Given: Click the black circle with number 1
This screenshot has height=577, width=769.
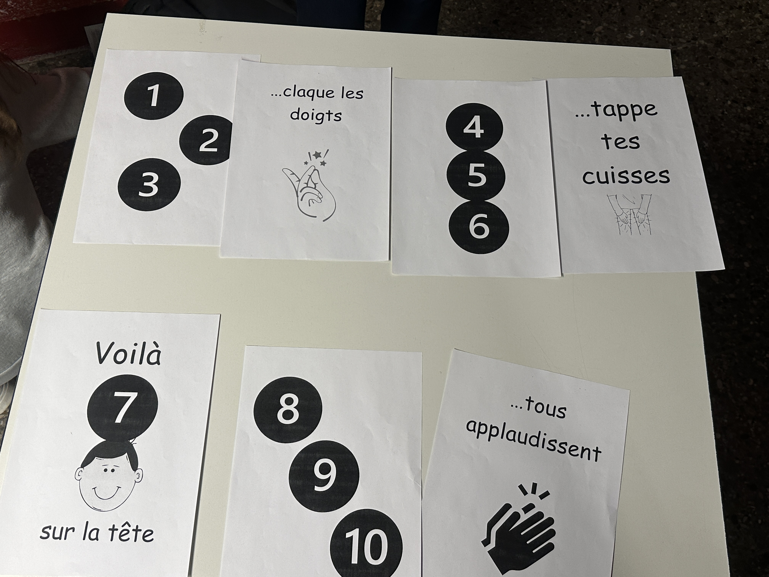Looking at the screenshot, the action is (x=154, y=96).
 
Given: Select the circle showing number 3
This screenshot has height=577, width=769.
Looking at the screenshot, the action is (x=149, y=184).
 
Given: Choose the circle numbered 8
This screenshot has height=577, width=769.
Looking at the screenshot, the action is (x=288, y=409).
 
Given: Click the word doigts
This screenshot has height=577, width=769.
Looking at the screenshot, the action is (x=316, y=115).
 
